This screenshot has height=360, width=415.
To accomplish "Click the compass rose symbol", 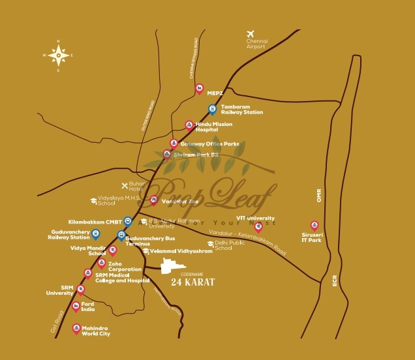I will coord(59,55).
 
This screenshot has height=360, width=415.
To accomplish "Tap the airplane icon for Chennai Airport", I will coord(250,34).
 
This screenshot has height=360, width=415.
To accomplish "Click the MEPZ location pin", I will coord(200,89).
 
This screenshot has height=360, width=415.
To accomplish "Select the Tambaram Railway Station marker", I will coord(212,109).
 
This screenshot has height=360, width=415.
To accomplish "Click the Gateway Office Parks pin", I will coord(174,143).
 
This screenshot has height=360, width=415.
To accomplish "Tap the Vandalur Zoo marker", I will coord(153,200).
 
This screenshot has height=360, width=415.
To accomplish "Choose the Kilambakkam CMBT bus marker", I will coord(128,221).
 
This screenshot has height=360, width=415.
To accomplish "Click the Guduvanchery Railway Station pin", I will coord(96,233).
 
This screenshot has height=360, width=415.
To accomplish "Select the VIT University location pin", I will coord(258,226).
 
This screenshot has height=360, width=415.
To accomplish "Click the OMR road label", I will coord(320,196).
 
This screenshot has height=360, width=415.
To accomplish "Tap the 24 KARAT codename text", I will coord(192,282).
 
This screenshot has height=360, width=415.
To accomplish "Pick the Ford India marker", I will coord(76,307).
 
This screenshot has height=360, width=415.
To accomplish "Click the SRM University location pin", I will coord(81,289).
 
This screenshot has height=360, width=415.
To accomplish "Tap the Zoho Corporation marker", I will coord(101,263).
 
